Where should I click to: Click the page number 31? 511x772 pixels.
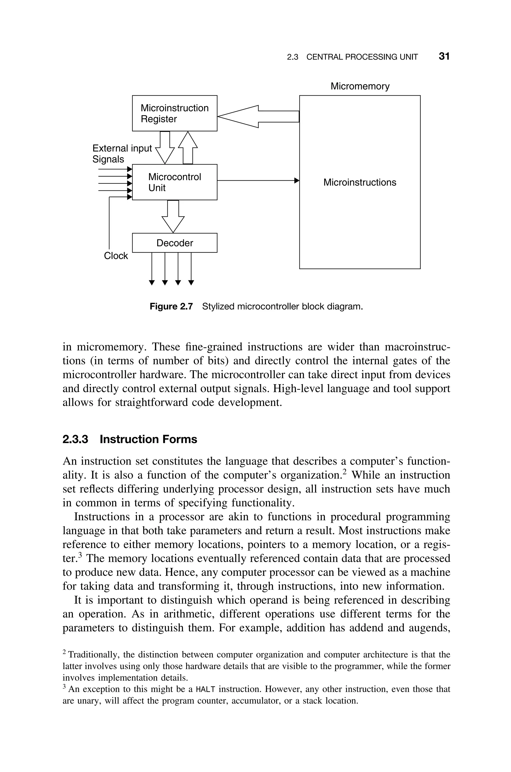pos(444,56)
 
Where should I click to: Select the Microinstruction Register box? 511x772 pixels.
pos(174,113)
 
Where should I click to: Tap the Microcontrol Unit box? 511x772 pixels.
pos(174,182)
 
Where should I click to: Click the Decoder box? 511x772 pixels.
pos(174,243)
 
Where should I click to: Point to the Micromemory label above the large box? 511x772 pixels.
pos(360,86)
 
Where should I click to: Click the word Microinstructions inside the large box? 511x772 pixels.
pos(360,182)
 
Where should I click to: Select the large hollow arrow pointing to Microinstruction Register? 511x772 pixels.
pos(257,116)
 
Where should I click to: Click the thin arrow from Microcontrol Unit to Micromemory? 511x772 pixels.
pos(257,180)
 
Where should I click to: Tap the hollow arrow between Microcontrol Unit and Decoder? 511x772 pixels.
pos(173,216)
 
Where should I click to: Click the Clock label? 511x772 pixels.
pos(116,256)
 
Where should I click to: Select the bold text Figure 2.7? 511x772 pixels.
pos(171,306)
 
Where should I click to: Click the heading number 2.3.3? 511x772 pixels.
pos(75,439)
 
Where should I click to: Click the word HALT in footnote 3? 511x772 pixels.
pos(206,689)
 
